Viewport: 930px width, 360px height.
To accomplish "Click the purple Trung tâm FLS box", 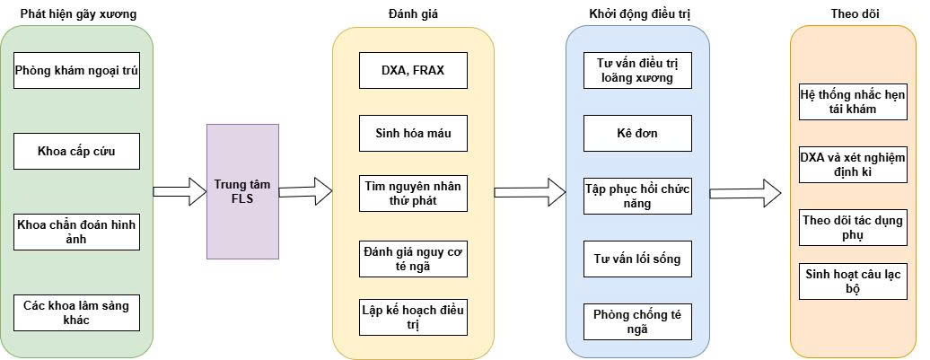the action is pos(242,191).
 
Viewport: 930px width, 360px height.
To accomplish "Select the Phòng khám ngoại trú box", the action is pos(76,71).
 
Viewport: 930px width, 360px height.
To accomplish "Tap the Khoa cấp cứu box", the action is pos(76,151).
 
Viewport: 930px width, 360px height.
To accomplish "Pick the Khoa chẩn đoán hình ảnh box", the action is pos(76,232).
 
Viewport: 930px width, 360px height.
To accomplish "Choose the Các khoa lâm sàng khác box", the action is pos(76,312).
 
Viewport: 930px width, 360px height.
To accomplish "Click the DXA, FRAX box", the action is pos(414,71).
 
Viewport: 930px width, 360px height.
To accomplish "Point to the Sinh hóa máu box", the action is pos(414,133).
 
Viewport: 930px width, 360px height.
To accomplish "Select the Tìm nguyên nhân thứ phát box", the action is pos(414,193).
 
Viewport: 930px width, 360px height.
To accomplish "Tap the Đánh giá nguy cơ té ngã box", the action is pos(414,259).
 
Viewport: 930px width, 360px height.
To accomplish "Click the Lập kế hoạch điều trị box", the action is pos(414,317).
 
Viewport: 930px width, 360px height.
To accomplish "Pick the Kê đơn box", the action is pos(637,133).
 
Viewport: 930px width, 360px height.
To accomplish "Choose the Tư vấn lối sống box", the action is pos(637,259).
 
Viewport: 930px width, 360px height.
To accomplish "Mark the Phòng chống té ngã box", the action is pos(637,321).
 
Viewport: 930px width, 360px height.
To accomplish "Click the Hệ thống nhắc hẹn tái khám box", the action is pos(853,101).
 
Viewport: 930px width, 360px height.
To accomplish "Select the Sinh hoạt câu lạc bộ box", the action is pos(853,281).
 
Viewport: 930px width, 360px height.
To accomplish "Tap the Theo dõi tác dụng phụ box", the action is pos(853,227).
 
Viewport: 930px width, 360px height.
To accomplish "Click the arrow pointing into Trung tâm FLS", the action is pos(180,191).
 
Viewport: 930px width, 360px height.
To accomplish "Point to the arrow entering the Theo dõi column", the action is pos(746,193).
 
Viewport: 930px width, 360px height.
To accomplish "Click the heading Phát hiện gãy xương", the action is pos(79,14).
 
